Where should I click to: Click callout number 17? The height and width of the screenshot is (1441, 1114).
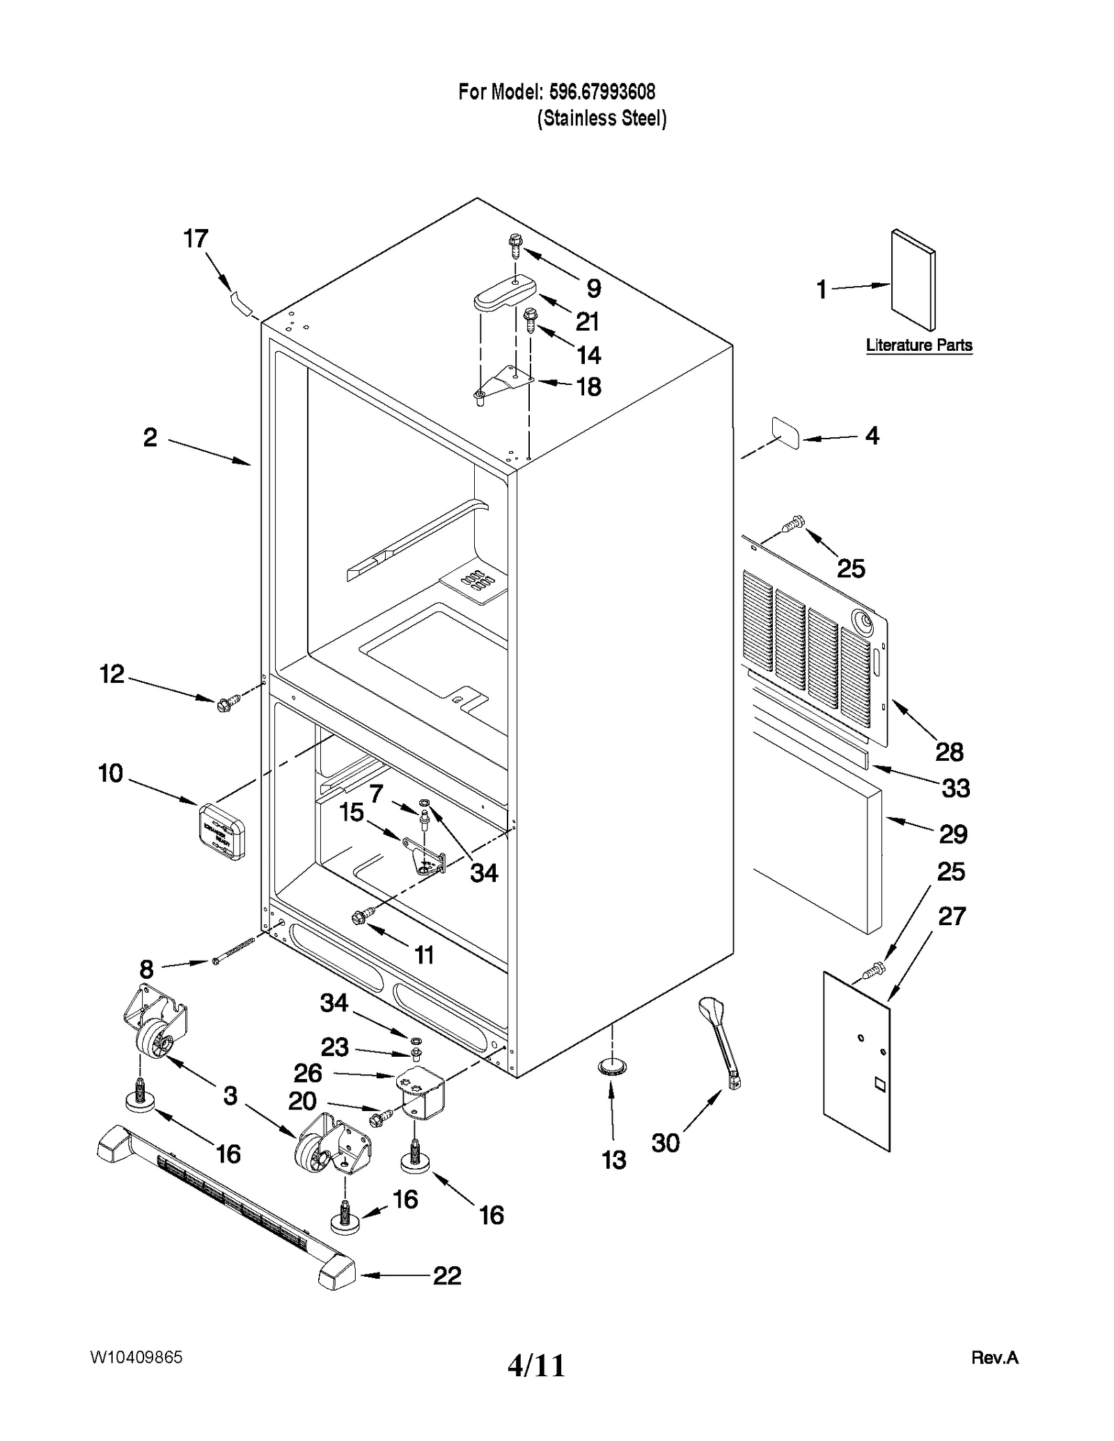(196, 239)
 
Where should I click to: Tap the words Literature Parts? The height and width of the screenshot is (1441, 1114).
(918, 345)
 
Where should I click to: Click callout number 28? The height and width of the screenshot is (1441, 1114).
(949, 752)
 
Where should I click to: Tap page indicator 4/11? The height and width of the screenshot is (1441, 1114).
(536, 1366)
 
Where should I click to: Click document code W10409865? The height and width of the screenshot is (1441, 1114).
(136, 1357)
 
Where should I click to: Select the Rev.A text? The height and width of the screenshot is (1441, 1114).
(994, 1357)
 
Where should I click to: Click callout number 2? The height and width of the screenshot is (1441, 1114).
(150, 438)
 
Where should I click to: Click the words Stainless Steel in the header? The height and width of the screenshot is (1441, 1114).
(602, 119)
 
